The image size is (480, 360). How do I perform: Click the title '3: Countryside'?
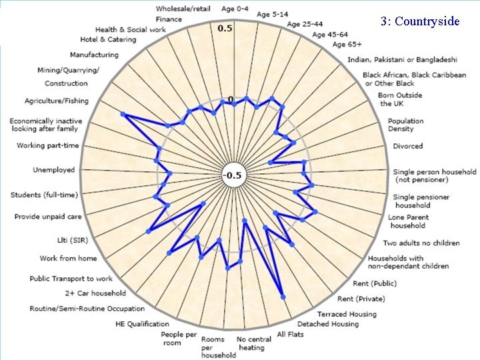point(420,21)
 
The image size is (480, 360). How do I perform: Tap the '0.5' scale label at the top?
point(225,29)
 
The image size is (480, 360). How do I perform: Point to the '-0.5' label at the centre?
point(233,175)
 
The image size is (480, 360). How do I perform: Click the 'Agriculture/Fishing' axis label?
point(56,101)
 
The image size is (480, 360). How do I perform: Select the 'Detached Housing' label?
point(327,324)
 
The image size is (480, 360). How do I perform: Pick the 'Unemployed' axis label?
point(54,170)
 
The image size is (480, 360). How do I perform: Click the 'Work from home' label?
point(68,258)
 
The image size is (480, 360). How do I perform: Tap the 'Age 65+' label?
point(347,45)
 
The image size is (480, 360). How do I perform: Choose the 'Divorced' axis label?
point(407,146)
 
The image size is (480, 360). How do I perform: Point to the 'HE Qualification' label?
point(144,325)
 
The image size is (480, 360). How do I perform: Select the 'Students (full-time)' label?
point(44,195)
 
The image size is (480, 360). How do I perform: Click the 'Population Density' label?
point(406,125)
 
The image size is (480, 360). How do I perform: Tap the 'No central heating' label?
point(254,343)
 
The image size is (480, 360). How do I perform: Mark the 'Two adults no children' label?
point(421,243)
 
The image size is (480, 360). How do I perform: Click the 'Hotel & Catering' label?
point(107,39)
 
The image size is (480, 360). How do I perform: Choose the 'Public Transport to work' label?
point(71,279)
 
